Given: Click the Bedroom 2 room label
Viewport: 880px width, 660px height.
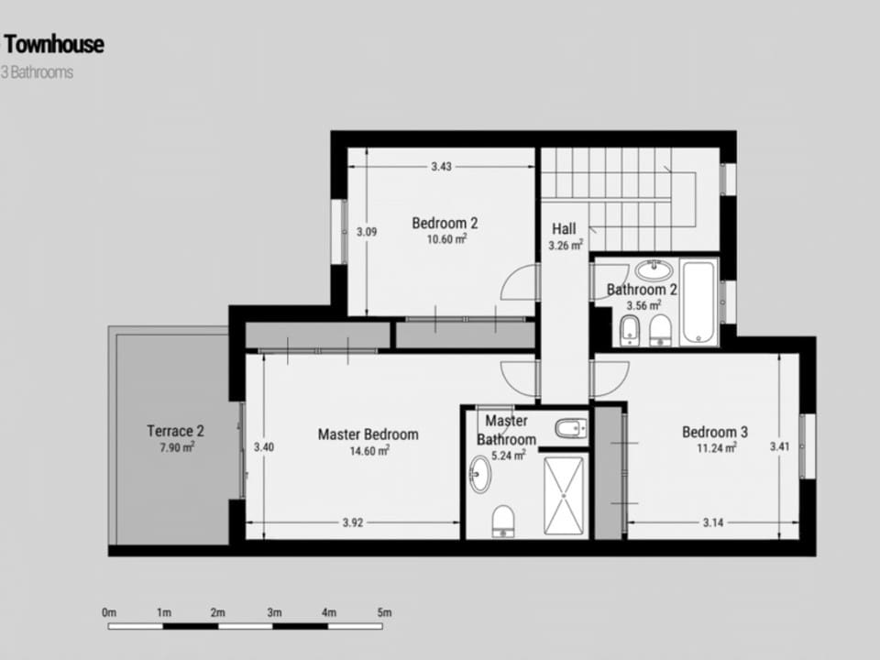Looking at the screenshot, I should (x=445, y=222).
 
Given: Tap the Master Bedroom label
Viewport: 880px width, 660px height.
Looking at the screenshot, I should (x=368, y=434).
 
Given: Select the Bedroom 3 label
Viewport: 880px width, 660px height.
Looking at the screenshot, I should (x=715, y=432).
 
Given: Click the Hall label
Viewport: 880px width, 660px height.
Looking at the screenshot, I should (x=564, y=228).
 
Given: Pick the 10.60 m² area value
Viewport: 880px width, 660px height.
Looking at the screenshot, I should (x=446, y=239).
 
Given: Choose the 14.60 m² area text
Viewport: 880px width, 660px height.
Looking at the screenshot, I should (x=368, y=451).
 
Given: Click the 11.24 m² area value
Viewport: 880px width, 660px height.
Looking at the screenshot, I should (x=716, y=448).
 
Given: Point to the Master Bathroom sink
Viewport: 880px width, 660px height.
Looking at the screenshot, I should (x=479, y=475).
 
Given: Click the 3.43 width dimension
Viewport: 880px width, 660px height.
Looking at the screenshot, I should (x=441, y=167).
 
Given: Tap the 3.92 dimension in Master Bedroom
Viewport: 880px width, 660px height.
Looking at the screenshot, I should (x=353, y=523).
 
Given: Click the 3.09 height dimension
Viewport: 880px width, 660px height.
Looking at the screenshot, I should (x=366, y=232).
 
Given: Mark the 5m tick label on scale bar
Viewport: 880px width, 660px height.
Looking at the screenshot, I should (x=384, y=612).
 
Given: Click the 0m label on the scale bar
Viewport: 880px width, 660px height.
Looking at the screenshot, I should (x=110, y=612).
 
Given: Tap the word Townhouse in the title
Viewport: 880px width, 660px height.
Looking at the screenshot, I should (x=54, y=44).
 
